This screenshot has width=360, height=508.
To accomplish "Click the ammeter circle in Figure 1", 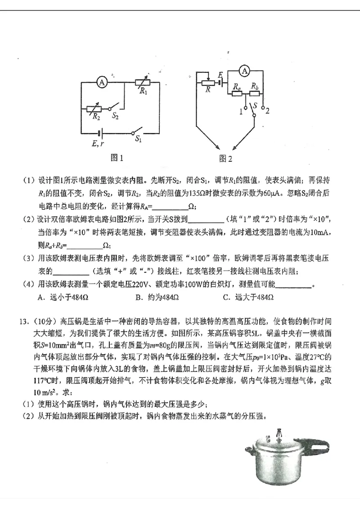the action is click(102, 82).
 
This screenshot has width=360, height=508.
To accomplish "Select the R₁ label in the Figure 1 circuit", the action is click(144, 92).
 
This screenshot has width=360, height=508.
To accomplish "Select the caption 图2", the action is click(225, 159).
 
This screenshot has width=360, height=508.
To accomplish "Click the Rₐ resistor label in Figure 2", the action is click(236, 86).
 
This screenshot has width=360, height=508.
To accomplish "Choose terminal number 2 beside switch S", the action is click(267, 111).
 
